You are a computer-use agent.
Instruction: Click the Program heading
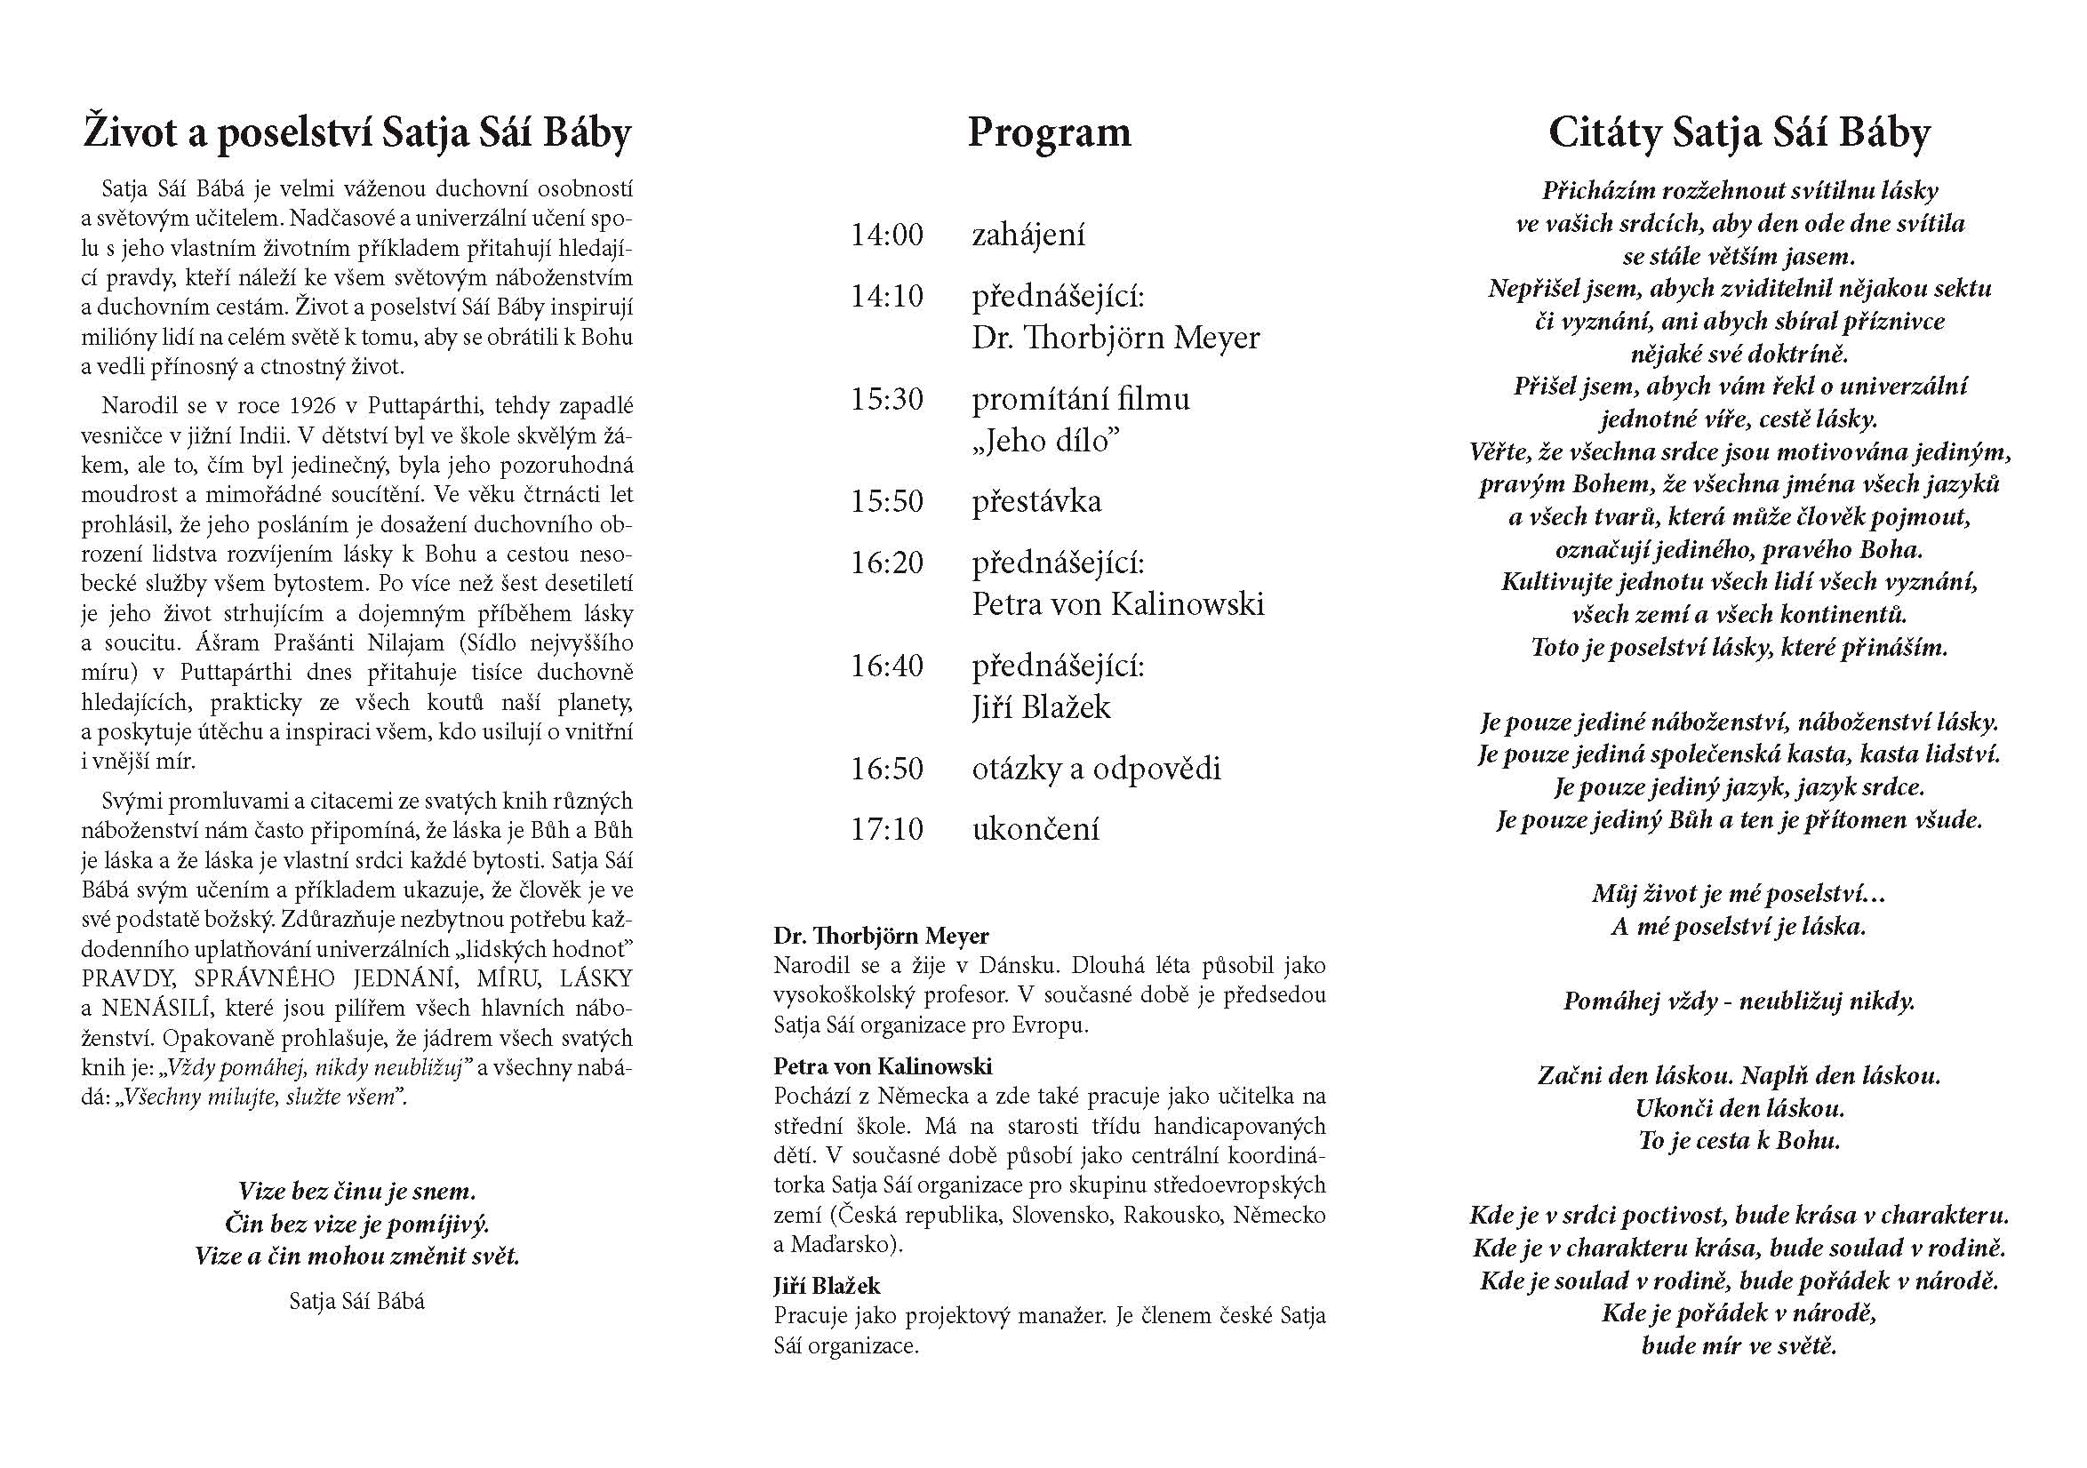pyautogui.click(x=1049, y=132)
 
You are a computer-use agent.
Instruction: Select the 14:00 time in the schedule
pyautogui.click(x=886, y=235)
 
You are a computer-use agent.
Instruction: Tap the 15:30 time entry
pyautogui.click(x=886, y=399)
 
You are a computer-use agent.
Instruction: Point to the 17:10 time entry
pyautogui.click(x=886, y=829)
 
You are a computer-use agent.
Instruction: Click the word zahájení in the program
pyautogui.click(x=1028, y=235)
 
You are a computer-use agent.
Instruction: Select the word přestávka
pyautogui.click(x=1036, y=502)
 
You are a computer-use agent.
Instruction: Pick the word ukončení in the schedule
pyautogui.click(x=1036, y=829)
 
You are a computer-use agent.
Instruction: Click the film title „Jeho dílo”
pyautogui.click(x=1045, y=441)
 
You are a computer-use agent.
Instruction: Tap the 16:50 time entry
pyautogui.click(x=886, y=769)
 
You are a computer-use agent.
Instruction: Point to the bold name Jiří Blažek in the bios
pyautogui.click(x=827, y=1285)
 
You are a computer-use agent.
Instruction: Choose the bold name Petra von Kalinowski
pyautogui.click(x=883, y=1066)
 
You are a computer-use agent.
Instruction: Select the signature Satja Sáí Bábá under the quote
pyautogui.click(x=356, y=1301)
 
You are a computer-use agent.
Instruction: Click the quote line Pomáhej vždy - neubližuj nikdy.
pyautogui.click(x=1739, y=1001)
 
